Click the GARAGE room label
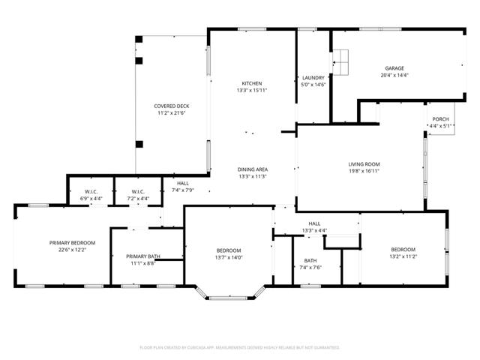(394, 67)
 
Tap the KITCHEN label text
(252, 82)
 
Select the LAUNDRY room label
(312, 78)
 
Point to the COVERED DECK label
(171, 106)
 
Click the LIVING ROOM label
(364, 163)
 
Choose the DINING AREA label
(253, 169)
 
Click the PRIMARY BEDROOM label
(73, 242)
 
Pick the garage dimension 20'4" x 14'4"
(394, 75)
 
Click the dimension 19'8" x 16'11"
(364, 171)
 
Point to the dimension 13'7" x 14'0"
(229, 258)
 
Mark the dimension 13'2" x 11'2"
(403, 256)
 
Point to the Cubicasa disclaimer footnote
(240, 347)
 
